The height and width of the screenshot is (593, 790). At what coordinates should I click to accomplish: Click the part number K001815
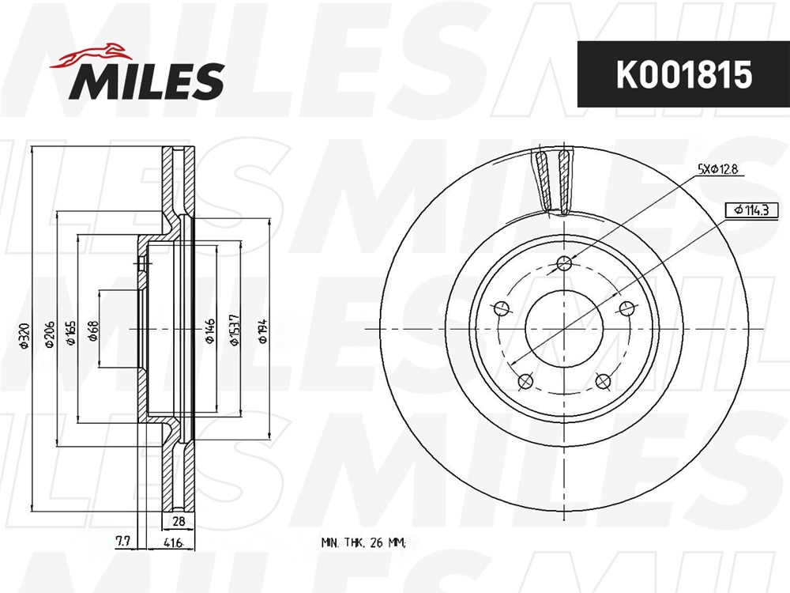point(684,74)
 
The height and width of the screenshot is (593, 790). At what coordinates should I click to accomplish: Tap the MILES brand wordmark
point(147,81)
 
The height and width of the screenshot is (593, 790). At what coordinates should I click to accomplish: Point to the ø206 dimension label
point(49,334)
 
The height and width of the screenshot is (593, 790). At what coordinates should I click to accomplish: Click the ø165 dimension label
point(71,333)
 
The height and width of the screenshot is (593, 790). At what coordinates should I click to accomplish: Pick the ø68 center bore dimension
point(94,330)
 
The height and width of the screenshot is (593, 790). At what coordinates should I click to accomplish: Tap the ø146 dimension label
point(210,330)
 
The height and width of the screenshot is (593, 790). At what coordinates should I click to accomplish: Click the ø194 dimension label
point(263,330)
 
